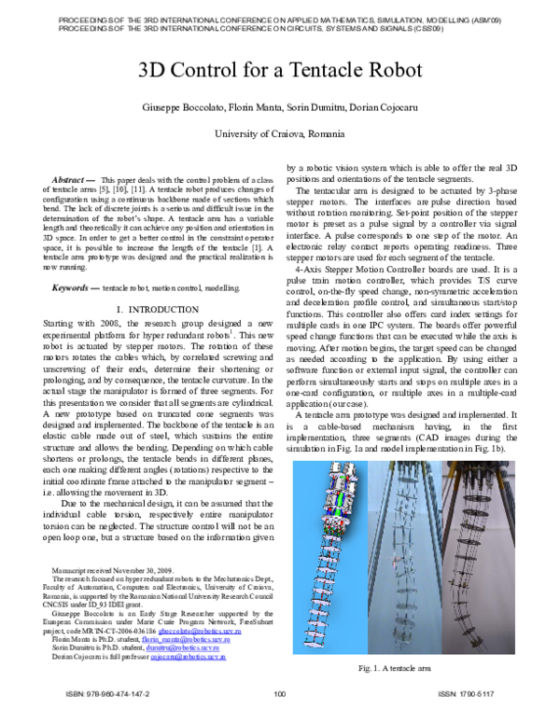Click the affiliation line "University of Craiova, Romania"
pyautogui.click(x=280, y=134)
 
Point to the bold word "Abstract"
pyautogui.click(x=68, y=177)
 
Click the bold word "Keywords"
pyautogui.click(x=71, y=263)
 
